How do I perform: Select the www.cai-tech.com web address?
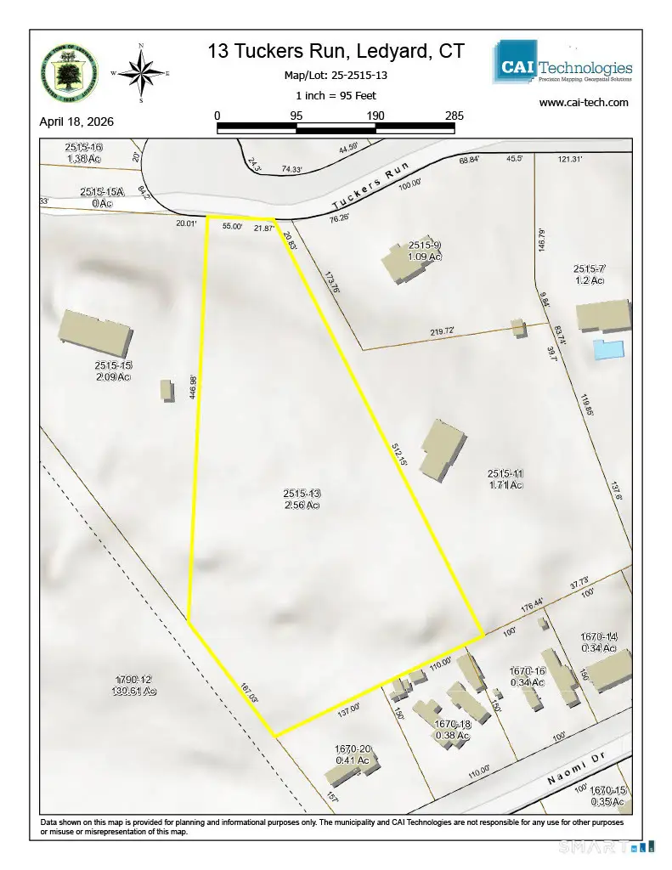(584, 103)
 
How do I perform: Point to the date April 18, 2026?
(76, 121)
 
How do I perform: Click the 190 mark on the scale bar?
(376, 116)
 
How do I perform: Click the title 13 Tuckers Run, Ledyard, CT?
(336, 52)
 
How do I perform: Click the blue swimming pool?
(608, 348)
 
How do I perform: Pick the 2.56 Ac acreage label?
(300, 506)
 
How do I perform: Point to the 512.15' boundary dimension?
(401, 454)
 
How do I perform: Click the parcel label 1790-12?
(134, 679)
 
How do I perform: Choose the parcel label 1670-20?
(352, 749)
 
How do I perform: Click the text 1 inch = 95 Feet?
(336, 95)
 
